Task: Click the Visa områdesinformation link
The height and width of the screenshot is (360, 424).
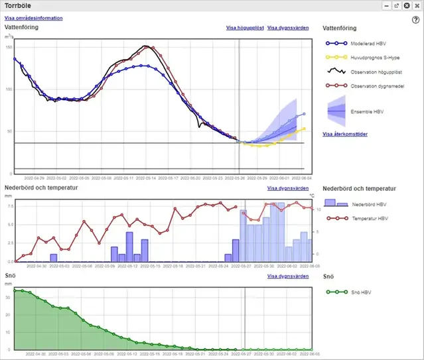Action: (34, 18)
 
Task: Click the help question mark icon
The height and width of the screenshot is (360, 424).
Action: (415, 20)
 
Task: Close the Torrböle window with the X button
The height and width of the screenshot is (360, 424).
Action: (406, 5)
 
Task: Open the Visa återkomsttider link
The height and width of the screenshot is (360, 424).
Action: (345, 134)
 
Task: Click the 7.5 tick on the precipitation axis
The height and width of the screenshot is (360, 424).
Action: (9, 206)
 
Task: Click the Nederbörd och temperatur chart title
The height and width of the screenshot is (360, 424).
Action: (41, 188)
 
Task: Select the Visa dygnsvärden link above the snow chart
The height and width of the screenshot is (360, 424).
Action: (288, 276)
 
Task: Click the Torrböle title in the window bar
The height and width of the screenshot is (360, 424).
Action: (19, 5)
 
